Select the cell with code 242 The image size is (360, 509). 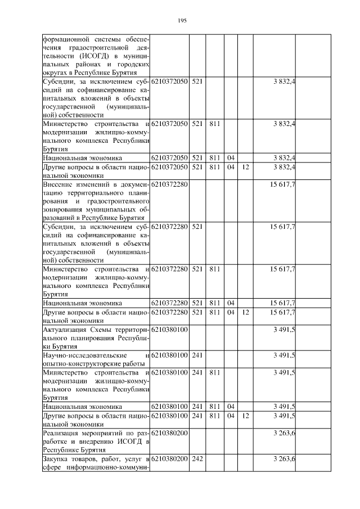pos(197,460)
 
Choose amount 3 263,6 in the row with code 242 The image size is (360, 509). pos(284,460)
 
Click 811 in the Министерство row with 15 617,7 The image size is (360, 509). pos(214,269)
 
